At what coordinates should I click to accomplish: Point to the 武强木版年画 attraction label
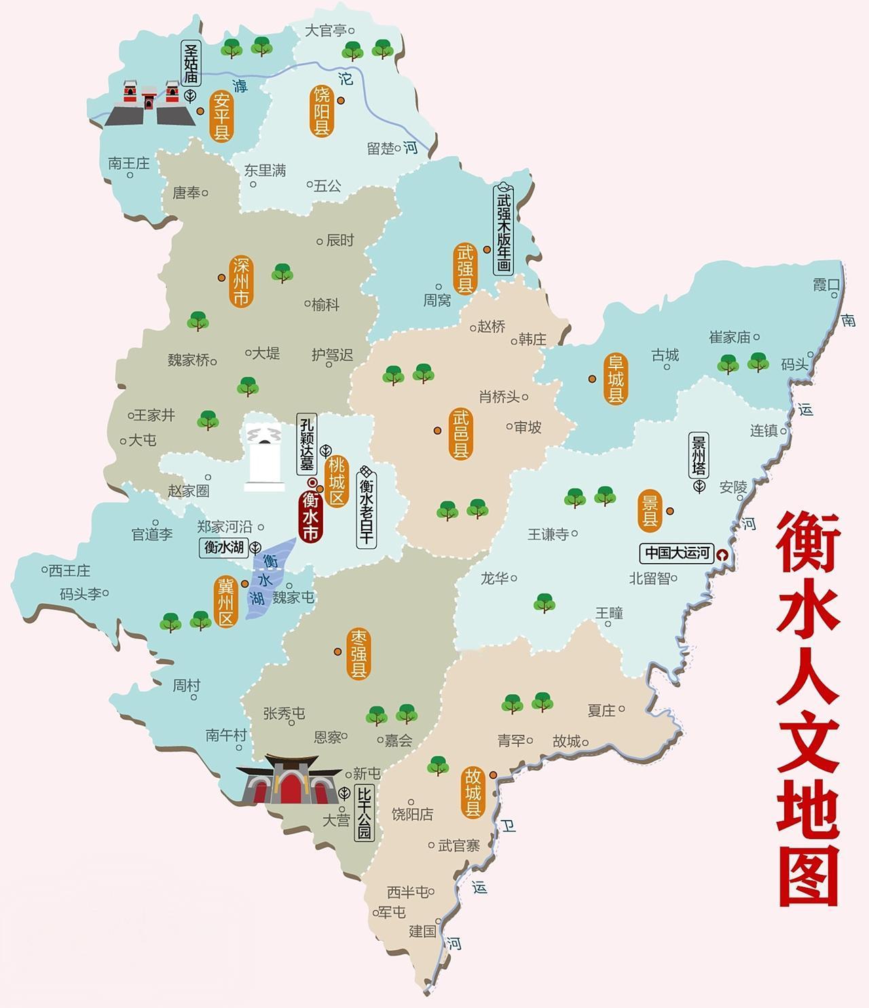pyautogui.click(x=503, y=230)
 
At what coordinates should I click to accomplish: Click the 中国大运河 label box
pyautogui.click(x=676, y=553)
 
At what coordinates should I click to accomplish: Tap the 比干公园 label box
pyautogui.click(x=364, y=814)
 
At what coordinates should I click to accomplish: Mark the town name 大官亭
pyautogui.click(x=326, y=31)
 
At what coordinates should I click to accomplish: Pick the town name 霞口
pyautogui.click(x=826, y=285)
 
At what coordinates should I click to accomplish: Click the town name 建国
pyautogui.click(x=422, y=931)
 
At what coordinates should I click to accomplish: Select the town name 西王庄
pyautogui.click(x=69, y=570)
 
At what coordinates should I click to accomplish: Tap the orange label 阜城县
pyautogui.click(x=616, y=379)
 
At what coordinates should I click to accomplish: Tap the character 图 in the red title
pyautogui.click(x=809, y=876)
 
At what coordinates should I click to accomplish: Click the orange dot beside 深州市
pyautogui.click(x=221, y=277)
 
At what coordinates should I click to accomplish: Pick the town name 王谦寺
pyautogui.click(x=548, y=535)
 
